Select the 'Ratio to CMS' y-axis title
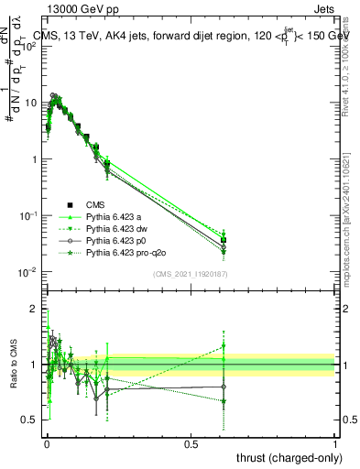[13, 365]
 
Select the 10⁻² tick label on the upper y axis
[28, 272]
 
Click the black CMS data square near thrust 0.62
[224, 241]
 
